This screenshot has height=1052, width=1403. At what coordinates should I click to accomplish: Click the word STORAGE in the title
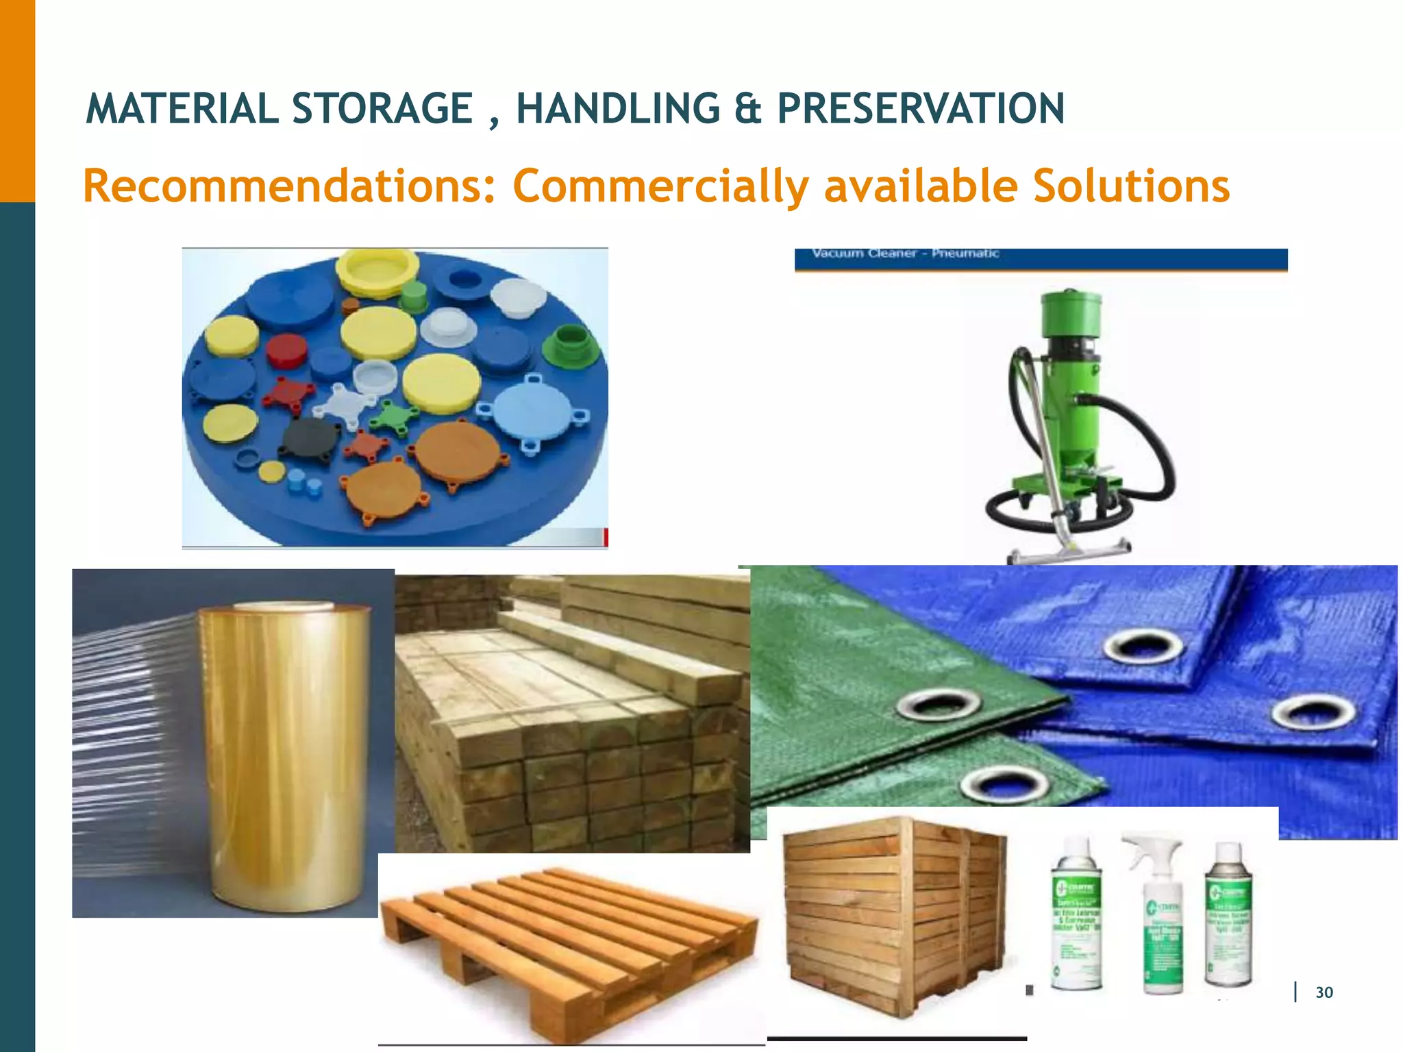coord(382,109)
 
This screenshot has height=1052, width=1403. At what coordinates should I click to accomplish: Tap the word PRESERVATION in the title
coord(921,109)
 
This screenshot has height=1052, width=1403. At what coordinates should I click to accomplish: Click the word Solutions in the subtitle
coord(1131,186)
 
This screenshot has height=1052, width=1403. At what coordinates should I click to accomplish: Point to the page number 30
coord(1324,992)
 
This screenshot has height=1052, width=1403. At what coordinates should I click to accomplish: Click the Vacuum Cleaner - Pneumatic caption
coord(905,253)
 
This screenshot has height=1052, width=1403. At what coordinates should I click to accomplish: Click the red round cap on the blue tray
coord(286,350)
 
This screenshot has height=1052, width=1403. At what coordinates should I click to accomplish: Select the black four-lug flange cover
coord(310,438)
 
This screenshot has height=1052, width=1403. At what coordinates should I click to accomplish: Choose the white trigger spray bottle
coord(1162,911)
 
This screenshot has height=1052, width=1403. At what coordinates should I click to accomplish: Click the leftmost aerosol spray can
coord(1076,914)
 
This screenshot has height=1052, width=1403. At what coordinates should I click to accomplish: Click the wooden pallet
coord(569,945)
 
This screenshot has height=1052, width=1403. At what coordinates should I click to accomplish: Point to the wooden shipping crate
coord(894,911)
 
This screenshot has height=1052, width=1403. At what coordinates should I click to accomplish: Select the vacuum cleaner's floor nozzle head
coord(1069,551)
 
